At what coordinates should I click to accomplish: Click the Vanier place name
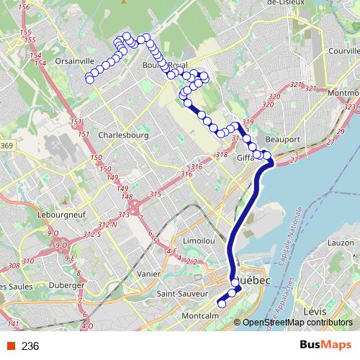click(x=148, y=274)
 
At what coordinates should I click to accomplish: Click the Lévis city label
click(x=315, y=311)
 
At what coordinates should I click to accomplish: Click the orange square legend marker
click(x=10, y=346)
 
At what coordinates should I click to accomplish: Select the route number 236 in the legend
click(x=30, y=346)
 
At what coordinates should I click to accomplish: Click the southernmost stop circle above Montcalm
click(x=222, y=302)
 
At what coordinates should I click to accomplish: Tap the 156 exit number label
click(x=23, y=7)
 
